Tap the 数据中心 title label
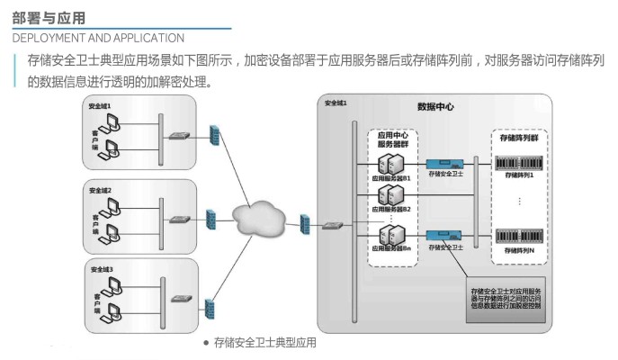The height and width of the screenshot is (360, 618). coord(435,107)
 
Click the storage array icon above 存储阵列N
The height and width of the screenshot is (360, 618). coord(517,236)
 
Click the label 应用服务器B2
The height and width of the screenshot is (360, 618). coord(391,209)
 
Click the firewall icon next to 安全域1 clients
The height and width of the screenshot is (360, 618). coord(215,135)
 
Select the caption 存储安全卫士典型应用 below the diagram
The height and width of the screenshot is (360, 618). coord(265,343)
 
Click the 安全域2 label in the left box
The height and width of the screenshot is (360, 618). coord(101,190)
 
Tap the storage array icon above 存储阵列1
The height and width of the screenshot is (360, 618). coord(517,162)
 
